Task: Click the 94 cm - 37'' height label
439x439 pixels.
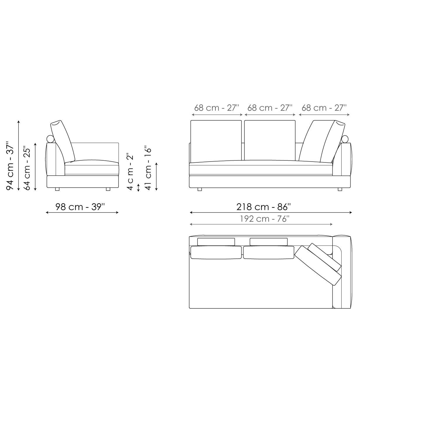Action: pos(10,166)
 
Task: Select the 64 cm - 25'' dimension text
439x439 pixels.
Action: pos(27,168)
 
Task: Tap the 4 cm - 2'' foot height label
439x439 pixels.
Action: pos(130,171)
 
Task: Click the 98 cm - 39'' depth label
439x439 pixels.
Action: pos(80,207)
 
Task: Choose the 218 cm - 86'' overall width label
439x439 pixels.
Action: pos(263,207)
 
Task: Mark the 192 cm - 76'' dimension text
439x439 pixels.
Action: pos(265,219)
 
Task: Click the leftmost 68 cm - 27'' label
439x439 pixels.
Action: pos(217,108)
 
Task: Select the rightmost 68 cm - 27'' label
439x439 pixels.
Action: pos(324,108)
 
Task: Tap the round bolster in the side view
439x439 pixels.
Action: pos(50,139)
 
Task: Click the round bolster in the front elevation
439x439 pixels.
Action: pos(345,139)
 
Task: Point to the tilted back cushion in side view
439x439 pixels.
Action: pos(63,140)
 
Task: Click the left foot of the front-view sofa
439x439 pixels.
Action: pos(200,189)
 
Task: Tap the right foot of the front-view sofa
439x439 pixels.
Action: pos(340,189)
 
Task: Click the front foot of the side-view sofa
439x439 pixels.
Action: pos(108,189)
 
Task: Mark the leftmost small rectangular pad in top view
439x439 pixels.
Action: pos(216,241)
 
